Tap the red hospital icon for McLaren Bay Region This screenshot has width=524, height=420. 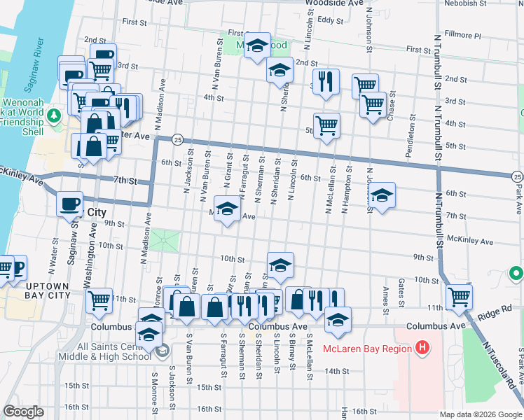click(x=422, y=346)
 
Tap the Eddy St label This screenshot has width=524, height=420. click(x=329, y=20)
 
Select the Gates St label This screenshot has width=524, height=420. click(x=401, y=286)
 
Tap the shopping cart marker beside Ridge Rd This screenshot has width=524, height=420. click(x=459, y=296)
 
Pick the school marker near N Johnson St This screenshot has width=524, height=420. click(x=382, y=195)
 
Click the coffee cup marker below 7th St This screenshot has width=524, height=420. click(x=69, y=204)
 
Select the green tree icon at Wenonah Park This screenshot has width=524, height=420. click(x=53, y=113)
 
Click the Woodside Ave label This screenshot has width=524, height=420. click(x=331, y=3)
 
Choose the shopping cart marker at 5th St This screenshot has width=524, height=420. click(x=326, y=125)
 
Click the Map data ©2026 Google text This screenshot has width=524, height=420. click(x=481, y=414)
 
